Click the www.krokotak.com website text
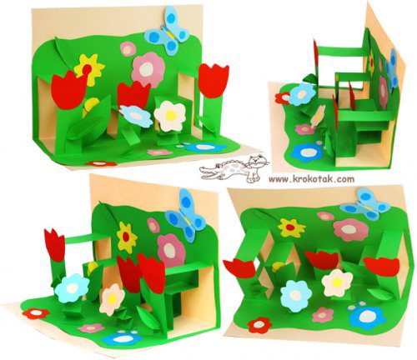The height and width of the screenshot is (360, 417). [312, 179]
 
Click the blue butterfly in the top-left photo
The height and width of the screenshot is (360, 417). [167, 31]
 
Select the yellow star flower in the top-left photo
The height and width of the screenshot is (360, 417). [89, 69]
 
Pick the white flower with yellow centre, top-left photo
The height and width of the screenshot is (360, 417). [170, 116]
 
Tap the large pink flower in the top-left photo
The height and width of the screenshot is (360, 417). [148, 70]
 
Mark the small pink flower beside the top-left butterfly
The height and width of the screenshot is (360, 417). [128, 49]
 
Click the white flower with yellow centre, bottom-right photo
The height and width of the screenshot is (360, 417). [337, 282]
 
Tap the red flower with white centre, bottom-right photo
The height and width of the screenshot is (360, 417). [259, 325]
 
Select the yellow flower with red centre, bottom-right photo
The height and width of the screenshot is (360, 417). [291, 227]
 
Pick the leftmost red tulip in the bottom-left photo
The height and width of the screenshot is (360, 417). [55, 245]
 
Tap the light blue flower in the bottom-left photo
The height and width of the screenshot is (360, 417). [72, 288]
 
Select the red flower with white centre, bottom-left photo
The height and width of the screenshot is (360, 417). [36, 313]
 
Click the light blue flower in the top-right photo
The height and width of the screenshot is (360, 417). [302, 94]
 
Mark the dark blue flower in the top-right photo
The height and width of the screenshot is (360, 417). [307, 152]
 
